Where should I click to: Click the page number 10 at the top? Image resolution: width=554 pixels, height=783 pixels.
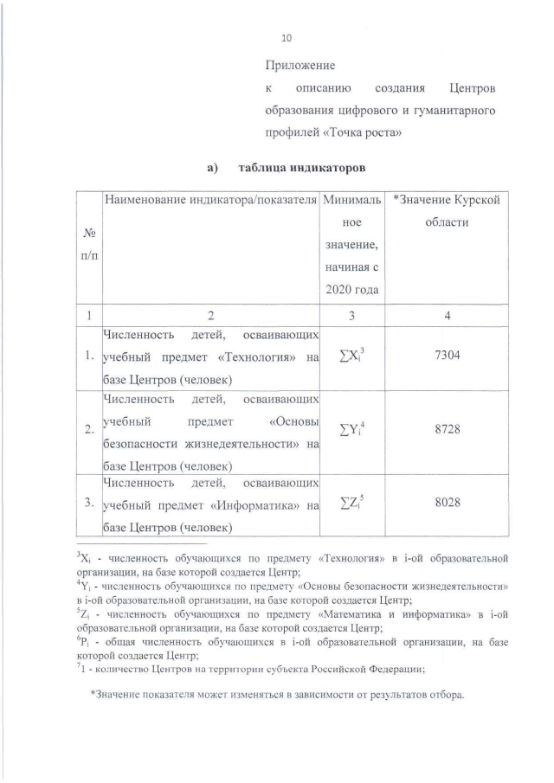point(287,38)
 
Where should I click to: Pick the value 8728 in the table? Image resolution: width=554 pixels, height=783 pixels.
point(447,427)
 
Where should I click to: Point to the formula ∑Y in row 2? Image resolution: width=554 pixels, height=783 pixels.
point(350,427)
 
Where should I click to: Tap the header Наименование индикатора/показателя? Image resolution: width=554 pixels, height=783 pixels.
point(209,201)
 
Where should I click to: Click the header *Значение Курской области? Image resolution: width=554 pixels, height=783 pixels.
point(447,211)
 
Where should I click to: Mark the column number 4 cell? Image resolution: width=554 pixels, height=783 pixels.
point(447,316)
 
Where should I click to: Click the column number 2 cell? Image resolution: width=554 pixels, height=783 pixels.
point(209,316)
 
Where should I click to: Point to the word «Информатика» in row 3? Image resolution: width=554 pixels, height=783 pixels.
point(259,503)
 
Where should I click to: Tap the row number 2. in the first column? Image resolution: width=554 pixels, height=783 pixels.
point(89,428)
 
